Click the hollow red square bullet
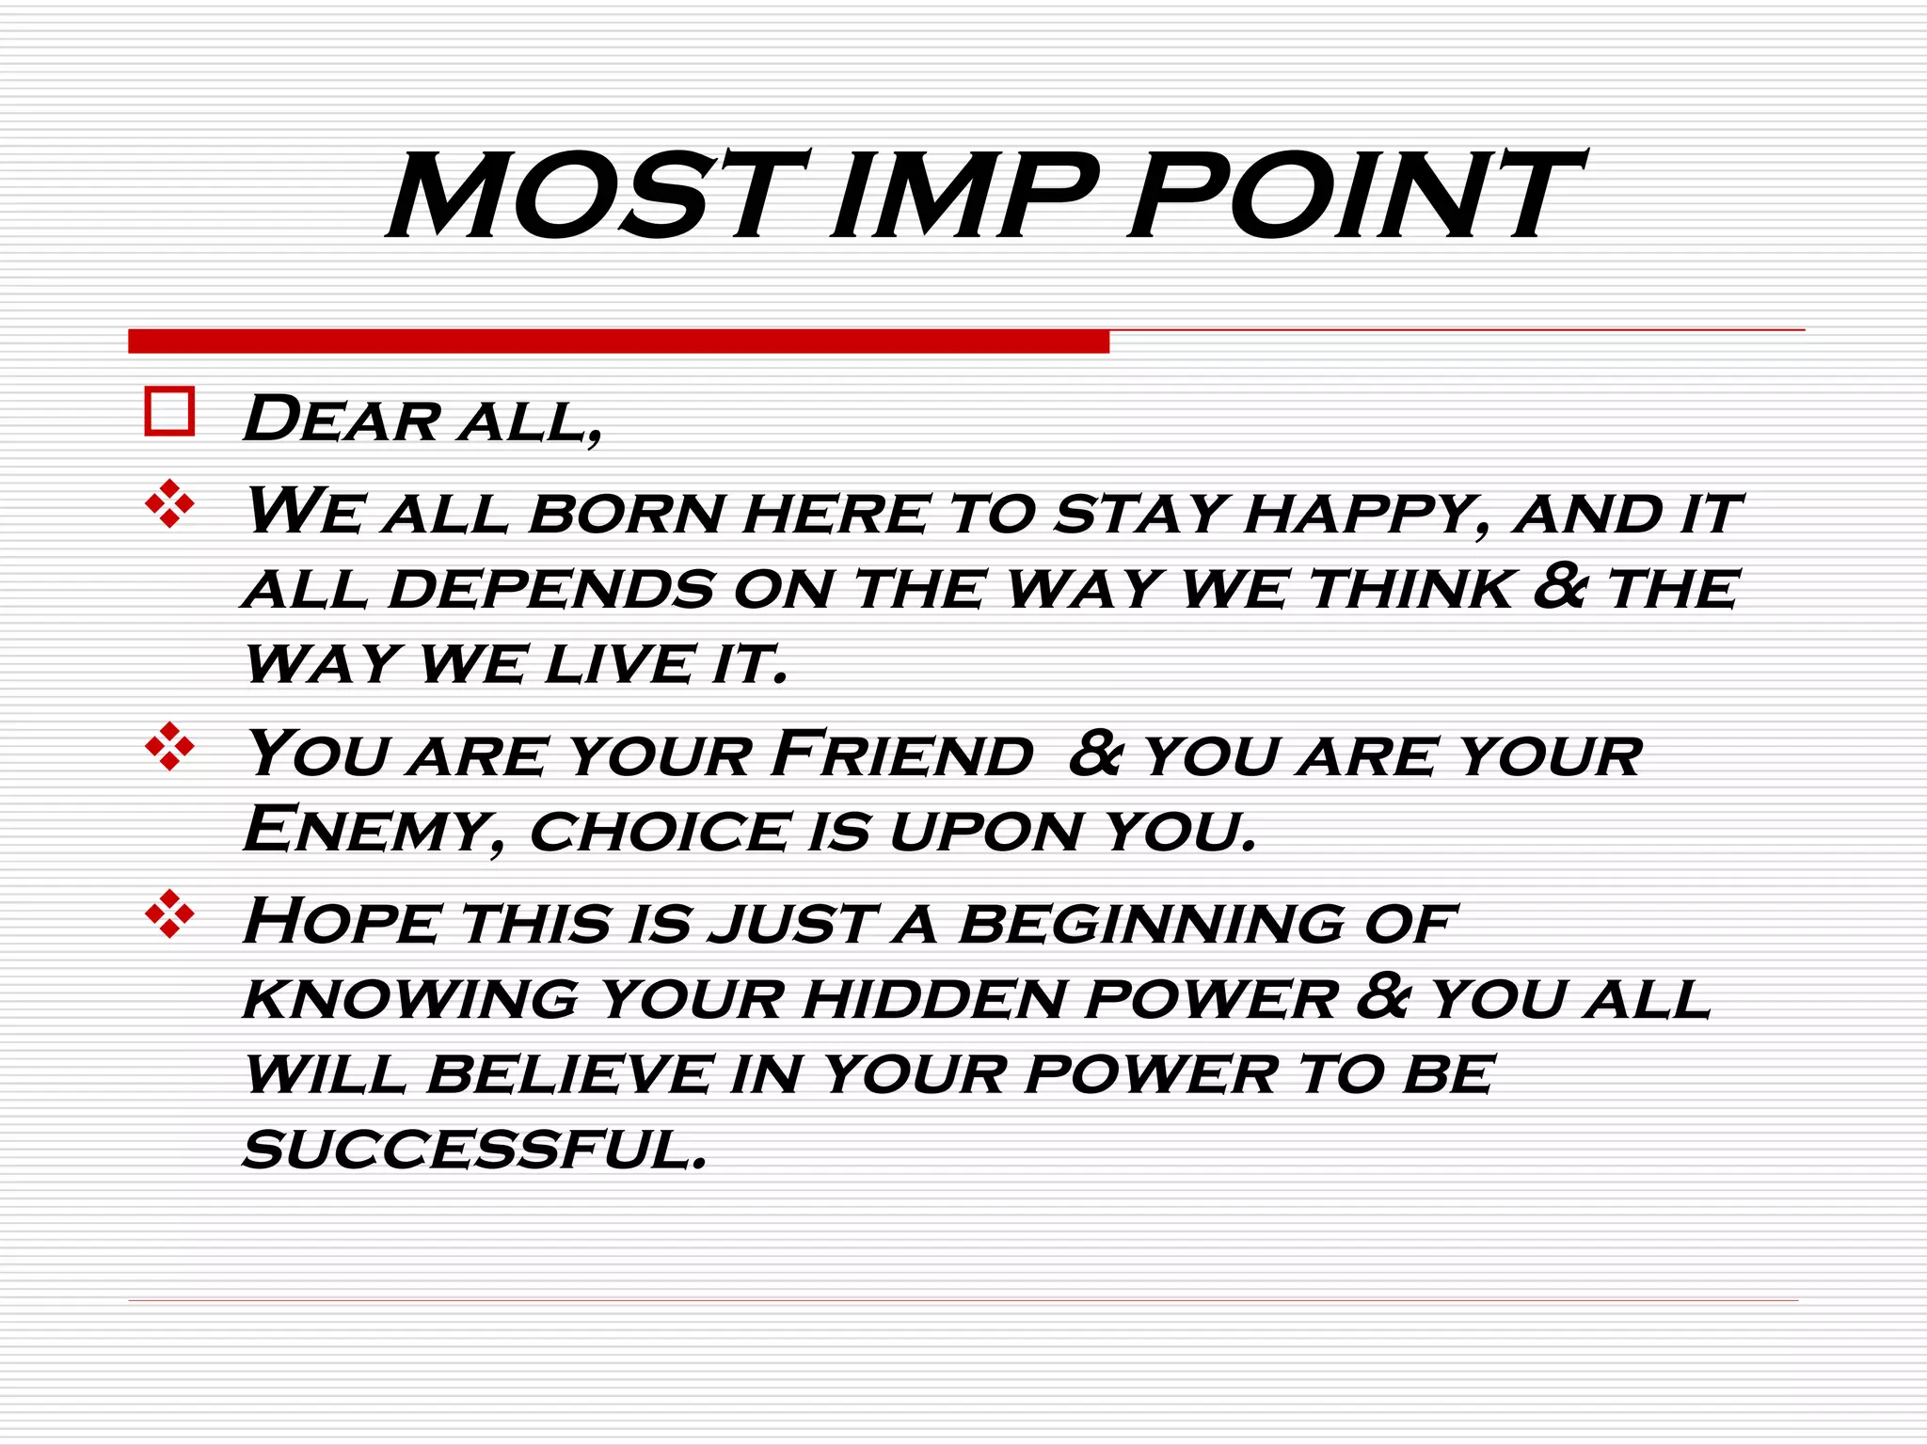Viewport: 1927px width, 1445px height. pyautogui.click(x=169, y=411)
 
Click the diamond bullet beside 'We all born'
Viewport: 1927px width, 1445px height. pyautogui.click(x=169, y=503)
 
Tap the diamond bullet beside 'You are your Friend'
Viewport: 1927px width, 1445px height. pyautogui.click(x=169, y=747)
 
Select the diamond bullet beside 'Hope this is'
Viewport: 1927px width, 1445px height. pyautogui.click(x=169, y=913)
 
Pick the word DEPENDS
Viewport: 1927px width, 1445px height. pyautogui.click(x=551, y=590)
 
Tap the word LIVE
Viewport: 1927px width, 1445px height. pyautogui.click(x=620, y=664)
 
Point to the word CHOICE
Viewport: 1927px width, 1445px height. pyautogui.click(x=660, y=833)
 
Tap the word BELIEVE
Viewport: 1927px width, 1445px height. pyautogui.click(x=570, y=1074)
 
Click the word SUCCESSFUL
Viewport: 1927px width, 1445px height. pyautogui.click(x=475, y=1150)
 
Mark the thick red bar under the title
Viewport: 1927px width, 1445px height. pyautogui.click(x=618, y=341)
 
